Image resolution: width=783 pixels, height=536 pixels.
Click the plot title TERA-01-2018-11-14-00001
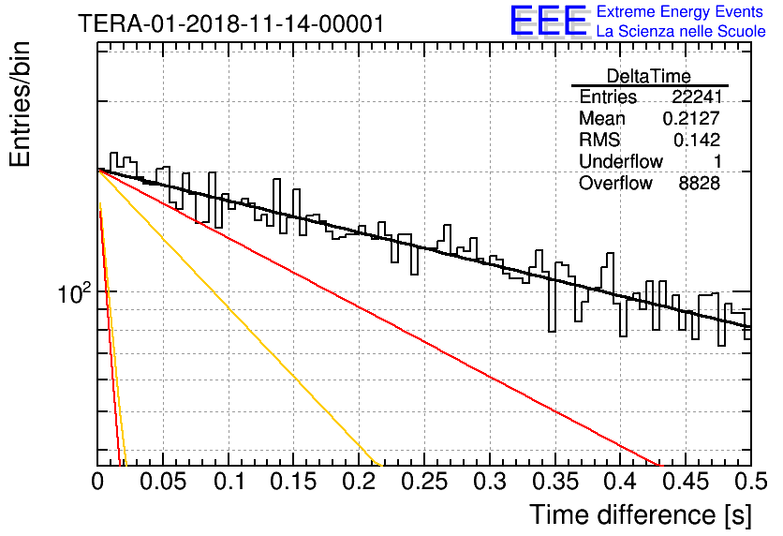click(x=231, y=23)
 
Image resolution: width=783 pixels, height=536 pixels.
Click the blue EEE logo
click(x=549, y=21)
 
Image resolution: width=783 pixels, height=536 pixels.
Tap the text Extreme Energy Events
click(x=680, y=11)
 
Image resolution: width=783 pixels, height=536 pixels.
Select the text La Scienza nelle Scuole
click(x=681, y=31)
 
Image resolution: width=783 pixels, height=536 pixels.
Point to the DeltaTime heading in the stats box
click(x=649, y=76)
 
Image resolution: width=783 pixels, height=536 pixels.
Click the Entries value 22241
click(x=697, y=97)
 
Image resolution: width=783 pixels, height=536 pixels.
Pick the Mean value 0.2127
click(x=691, y=118)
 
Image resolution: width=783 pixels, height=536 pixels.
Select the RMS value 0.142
click(x=697, y=140)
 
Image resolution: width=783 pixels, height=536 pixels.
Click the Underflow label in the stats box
click(x=621, y=161)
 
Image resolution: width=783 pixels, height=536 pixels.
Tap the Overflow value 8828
click(x=699, y=184)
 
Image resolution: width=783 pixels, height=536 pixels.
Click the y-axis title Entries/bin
click(x=20, y=104)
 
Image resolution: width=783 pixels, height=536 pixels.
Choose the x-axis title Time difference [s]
click(x=641, y=514)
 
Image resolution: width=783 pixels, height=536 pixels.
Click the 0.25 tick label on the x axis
click(x=424, y=482)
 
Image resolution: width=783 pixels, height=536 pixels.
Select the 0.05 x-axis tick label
click(x=163, y=482)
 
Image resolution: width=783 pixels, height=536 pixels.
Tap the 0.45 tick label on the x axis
click(x=687, y=482)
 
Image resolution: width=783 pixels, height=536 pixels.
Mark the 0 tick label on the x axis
click(x=97, y=482)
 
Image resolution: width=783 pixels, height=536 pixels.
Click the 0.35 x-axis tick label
click(x=555, y=482)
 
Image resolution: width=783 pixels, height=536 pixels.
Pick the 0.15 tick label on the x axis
click(x=294, y=482)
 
